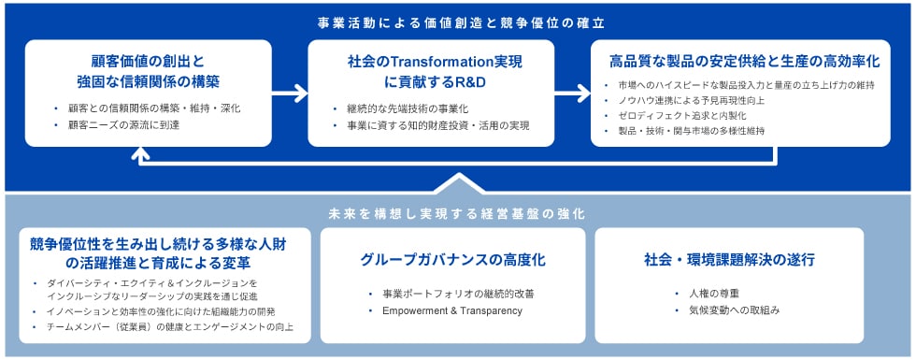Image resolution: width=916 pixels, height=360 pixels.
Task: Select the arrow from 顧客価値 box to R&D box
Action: point(289,93)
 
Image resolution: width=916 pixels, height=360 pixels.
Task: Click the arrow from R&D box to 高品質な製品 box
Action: point(572,93)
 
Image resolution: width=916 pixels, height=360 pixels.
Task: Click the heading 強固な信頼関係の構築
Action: point(149,82)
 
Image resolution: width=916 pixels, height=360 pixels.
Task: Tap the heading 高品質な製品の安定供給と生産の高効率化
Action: point(740,62)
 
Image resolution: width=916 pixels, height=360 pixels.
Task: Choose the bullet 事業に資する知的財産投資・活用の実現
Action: point(438,125)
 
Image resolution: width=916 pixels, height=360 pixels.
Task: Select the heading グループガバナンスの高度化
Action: point(452,260)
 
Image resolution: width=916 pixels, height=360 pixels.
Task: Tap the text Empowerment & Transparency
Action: point(452,310)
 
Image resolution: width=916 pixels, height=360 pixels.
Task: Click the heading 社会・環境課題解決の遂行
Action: point(730,260)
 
